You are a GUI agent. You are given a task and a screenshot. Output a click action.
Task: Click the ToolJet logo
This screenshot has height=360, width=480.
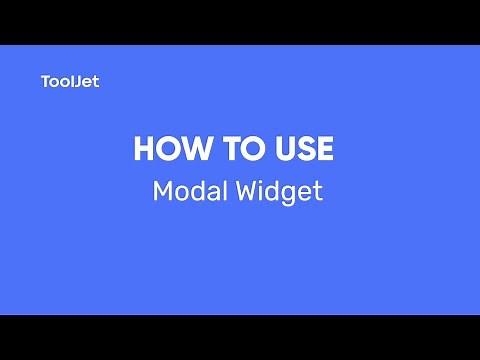(x=70, y=82)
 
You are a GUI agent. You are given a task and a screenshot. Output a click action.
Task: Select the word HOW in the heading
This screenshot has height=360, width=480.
(x=166, y=150)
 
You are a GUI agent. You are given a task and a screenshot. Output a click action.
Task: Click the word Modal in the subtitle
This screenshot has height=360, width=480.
(x=183, y=191)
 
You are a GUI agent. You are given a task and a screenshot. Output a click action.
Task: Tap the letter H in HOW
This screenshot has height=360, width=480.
(x=144, y=150)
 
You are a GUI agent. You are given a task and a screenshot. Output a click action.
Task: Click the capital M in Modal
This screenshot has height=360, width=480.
(x=163, y=191)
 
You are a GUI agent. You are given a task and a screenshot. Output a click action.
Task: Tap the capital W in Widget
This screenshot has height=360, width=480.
(x=249, y=191)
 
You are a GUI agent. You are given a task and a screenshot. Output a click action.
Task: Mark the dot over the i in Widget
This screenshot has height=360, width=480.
(x=265, y=182)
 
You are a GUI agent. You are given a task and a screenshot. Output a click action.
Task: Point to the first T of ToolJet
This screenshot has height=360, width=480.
(x=46, y=82)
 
